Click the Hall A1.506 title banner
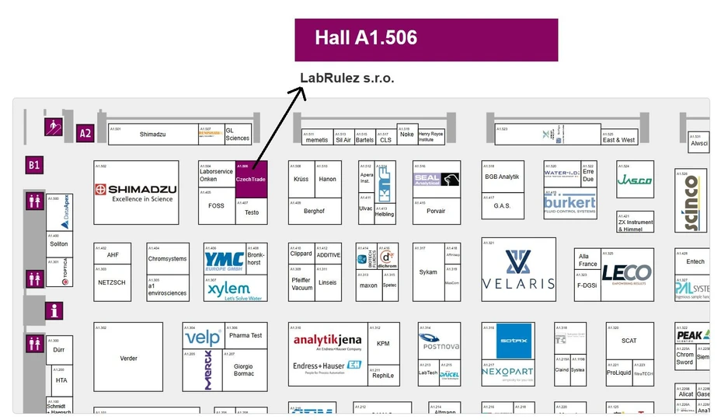[x=426, y=39]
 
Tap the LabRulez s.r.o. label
[x=347, y=79]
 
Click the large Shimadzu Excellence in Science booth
[x=136, y=192]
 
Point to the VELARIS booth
[x=518, y=269]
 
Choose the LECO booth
[x=626, y=275]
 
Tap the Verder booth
[x=128, y=358]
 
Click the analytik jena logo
[x=326, y=341]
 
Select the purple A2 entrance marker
[x=85, y=133]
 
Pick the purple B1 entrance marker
[x=34, y=165]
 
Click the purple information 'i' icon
[x=54, y=311]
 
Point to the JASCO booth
[x=635, y=180]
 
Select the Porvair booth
[x=436, y=211]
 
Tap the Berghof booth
[x=315, y=211]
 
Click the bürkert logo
[x=569, y=204]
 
